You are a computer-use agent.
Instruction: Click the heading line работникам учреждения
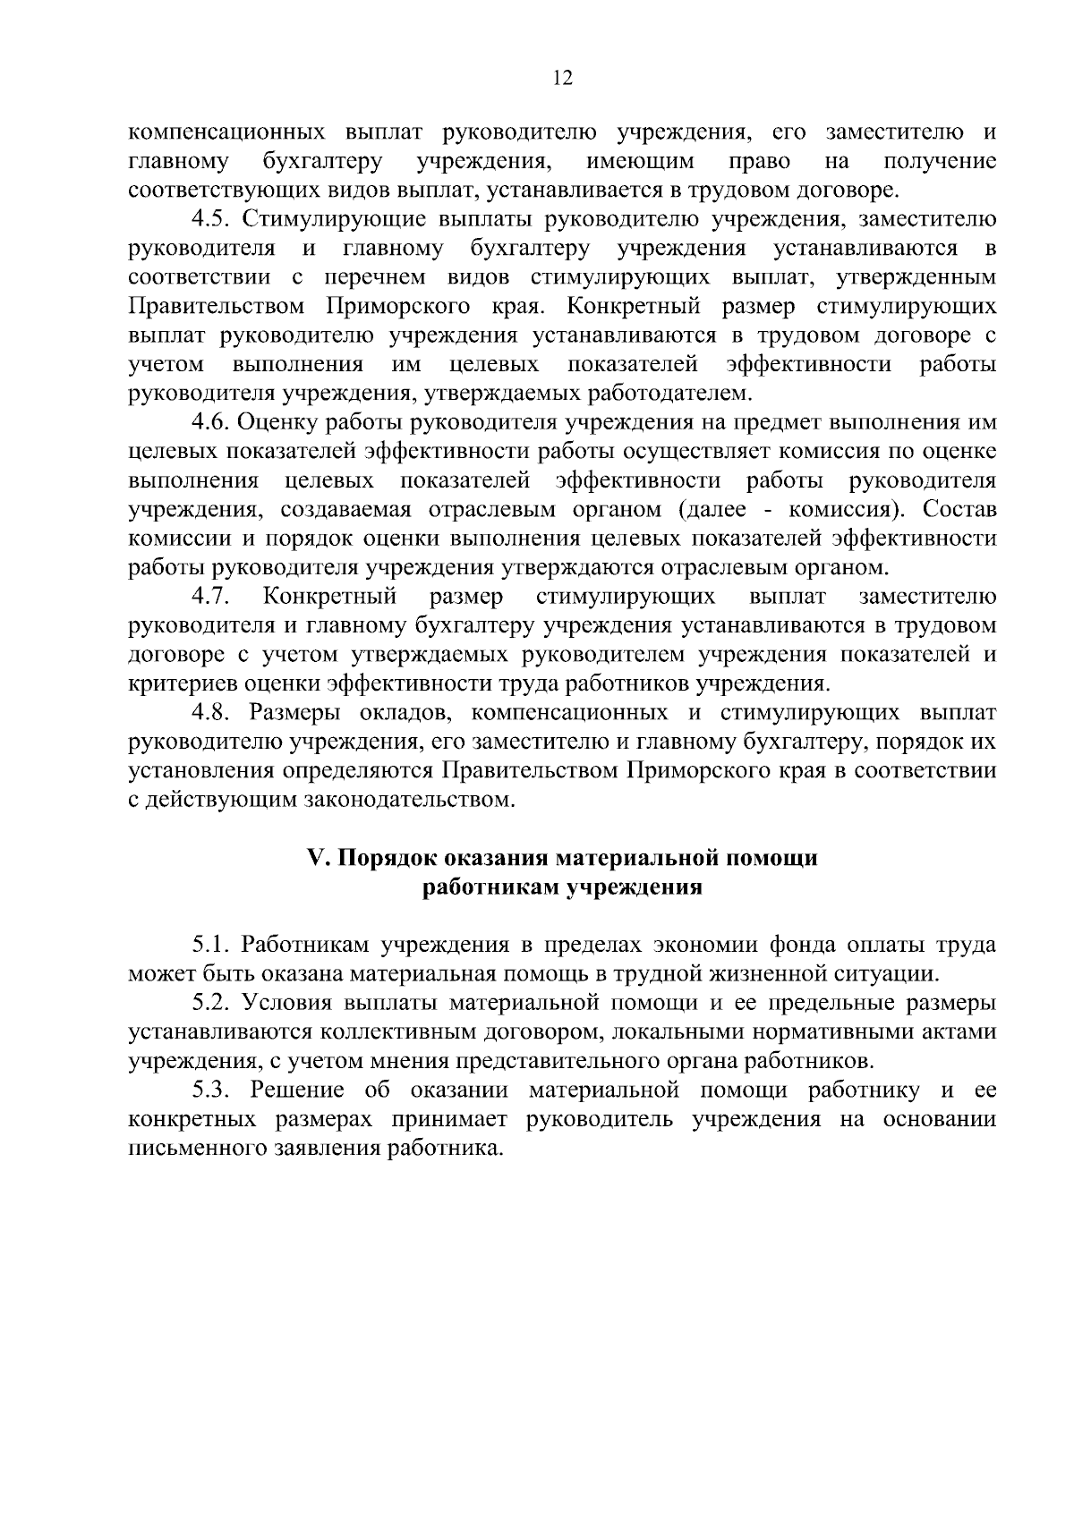(561, 887)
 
